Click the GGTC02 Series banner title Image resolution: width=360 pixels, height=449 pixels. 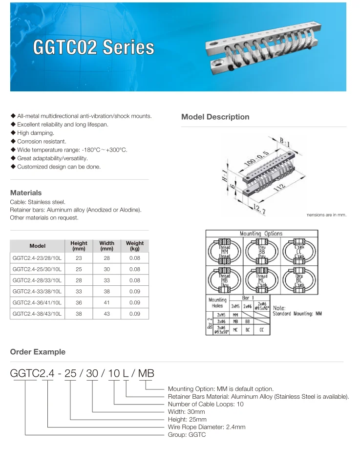[93, 47]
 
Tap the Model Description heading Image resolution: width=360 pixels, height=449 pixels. [215, 117]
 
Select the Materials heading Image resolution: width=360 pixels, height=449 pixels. [26, 193]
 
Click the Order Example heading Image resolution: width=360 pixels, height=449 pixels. [38, 352]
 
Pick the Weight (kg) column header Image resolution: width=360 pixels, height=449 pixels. [135, 246]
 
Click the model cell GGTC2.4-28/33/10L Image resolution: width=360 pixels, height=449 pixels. [37, 280]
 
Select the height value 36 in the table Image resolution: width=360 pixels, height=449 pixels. [79, 303]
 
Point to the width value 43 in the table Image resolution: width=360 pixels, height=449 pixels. [106, 314]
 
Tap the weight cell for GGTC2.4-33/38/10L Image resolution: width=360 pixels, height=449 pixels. [135, 292]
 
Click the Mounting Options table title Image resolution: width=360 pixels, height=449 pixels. [261, 234]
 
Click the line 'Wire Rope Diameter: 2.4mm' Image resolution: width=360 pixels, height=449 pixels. [206, 427]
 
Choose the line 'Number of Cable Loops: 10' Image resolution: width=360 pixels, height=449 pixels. [206, 404]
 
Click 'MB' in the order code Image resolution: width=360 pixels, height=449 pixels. [146, 374]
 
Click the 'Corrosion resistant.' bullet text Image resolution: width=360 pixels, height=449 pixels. [42, 142]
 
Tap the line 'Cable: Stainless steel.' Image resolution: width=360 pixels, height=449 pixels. [38, 202]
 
